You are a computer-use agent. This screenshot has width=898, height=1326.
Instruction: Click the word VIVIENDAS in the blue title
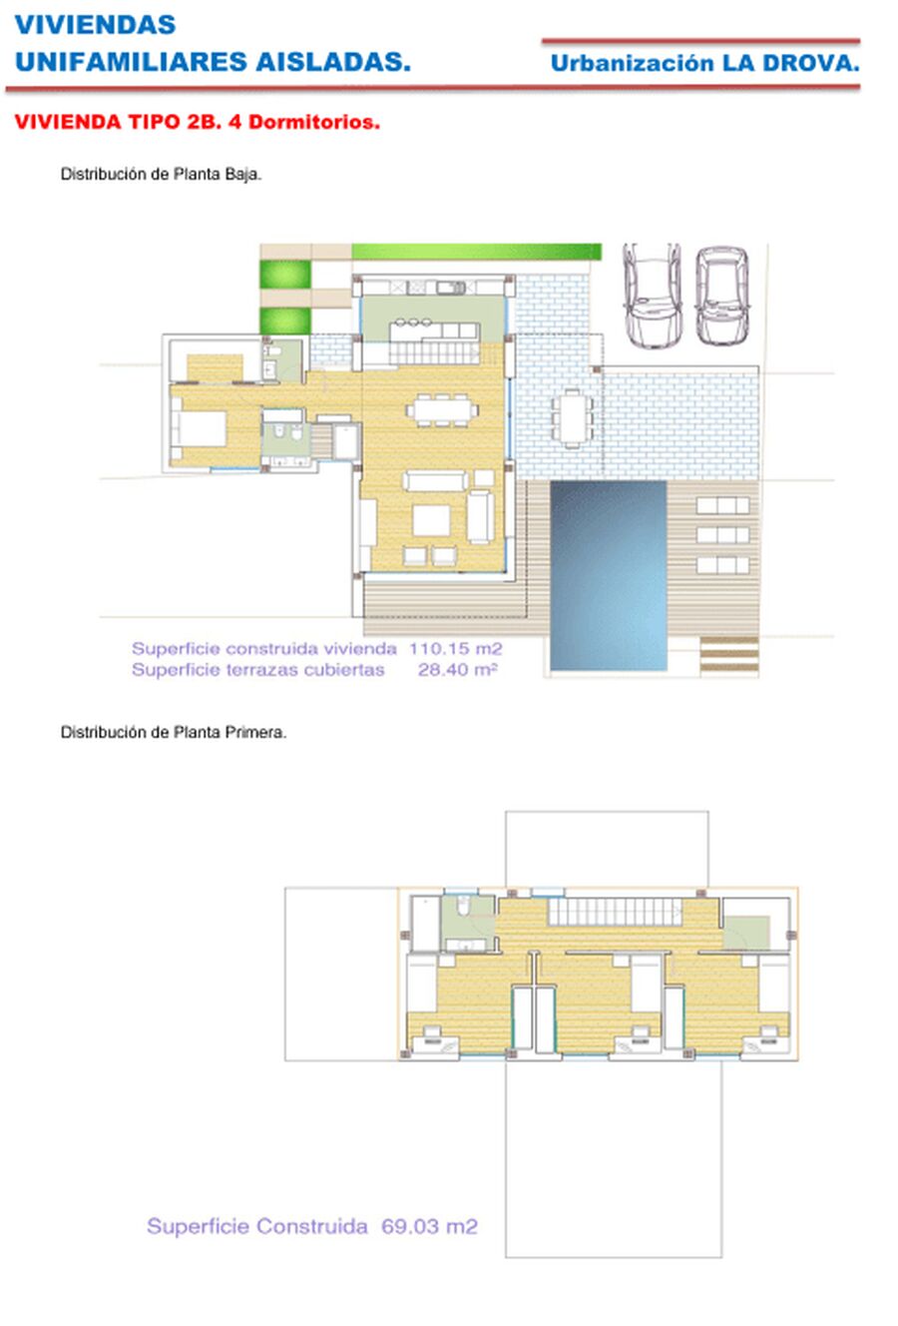click(x=95, y=25)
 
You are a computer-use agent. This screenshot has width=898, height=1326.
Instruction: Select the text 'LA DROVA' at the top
click(x=790, y=63)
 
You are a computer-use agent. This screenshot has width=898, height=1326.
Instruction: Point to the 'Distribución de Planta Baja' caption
click(x=161, y=174)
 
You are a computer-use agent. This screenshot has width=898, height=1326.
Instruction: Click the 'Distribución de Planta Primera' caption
click(x=174, y=732)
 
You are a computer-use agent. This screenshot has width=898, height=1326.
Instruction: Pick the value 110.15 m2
click(x=456, y=649)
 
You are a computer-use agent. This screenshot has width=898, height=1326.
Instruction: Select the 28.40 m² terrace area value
click(x=457, y=670)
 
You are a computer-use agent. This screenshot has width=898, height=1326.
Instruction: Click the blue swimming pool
click(x=608, y=575)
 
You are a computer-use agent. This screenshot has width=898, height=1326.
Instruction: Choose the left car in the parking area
click(x=652, y=295)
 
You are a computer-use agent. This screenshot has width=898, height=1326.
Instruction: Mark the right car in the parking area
click(x=722, y=296)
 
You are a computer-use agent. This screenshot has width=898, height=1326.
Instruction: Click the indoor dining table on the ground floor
click(x=442, y=409)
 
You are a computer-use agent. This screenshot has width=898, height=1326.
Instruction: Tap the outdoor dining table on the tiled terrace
click(x=572, y=418)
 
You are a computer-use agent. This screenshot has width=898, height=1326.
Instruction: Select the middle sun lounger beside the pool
click(x=722, y=534)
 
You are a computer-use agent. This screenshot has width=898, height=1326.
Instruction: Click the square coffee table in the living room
click(x=431, y=520)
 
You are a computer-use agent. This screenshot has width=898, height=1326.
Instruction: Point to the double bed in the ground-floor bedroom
click(x=199, y=428)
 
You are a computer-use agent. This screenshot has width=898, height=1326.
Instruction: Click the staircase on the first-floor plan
click(x=616, y=912)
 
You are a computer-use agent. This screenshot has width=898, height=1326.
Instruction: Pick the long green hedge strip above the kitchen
click(x=476, y=252)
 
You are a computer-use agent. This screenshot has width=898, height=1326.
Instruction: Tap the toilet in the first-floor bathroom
click(x=464, y=905)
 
